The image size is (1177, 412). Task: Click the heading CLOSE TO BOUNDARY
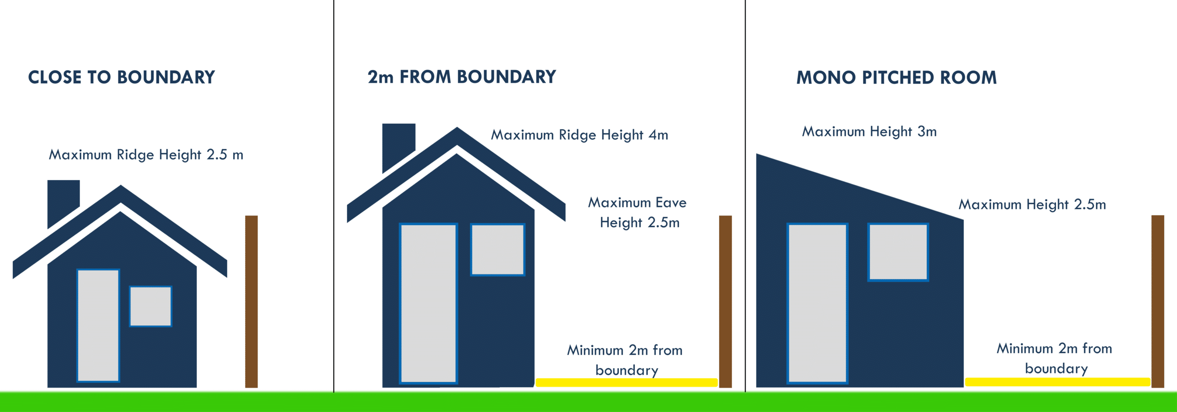(121, 77)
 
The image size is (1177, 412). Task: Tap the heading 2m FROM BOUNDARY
(462, 77)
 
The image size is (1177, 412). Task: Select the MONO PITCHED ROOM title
(897, 78)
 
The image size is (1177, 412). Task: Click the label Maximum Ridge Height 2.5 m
(146, 155)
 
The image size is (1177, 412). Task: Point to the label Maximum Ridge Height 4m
(579, 135)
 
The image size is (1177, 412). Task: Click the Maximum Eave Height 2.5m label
(638, 212)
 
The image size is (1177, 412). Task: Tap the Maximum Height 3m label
(869, 132)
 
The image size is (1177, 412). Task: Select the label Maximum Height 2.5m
(1032, 205)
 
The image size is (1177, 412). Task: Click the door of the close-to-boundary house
(98, 326)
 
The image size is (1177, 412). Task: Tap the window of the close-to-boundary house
(151, 306)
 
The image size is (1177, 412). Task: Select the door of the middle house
(429, 303)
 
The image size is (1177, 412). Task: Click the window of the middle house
(498, 250)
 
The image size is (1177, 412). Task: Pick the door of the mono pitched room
(817, 303)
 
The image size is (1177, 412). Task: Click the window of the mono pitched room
(898, 252)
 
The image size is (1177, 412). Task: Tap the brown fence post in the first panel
(251, 302)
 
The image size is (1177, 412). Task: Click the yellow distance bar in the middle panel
(627, 383)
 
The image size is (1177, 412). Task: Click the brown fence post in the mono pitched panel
(1158, 302)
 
